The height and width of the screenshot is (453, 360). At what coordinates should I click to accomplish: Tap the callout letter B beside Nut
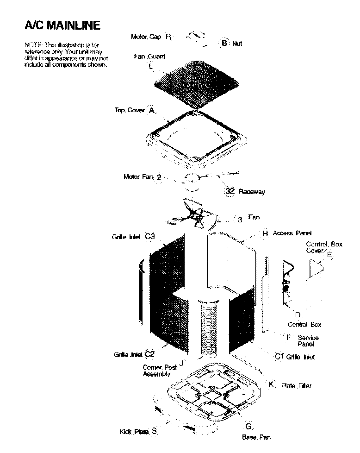(224, 43)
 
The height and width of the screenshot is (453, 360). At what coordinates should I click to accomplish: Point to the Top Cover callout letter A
(151, 110)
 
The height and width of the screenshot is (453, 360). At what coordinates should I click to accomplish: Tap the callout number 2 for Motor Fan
(159, 177)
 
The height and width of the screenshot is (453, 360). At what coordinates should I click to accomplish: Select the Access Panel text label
(292, 233)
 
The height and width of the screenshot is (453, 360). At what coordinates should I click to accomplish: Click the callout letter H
(265, 233)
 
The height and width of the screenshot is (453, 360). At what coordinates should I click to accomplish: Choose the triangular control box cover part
(316, 269)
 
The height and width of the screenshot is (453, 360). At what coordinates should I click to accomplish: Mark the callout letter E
(329, 255)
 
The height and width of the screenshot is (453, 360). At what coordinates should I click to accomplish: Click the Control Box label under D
(304, 325)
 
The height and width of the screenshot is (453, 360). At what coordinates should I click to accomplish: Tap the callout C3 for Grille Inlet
(149, 236)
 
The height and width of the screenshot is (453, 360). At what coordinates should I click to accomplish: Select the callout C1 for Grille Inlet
(279, 356)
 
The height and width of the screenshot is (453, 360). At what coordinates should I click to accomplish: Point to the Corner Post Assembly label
(159, 371)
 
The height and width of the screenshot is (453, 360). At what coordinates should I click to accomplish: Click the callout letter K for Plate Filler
(272, 384)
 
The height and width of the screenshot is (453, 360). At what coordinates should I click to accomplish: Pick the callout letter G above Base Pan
(248, 426)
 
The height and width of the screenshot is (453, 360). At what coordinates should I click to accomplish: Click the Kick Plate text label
(134, 432)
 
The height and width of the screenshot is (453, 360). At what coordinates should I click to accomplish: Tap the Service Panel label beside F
(308, 341)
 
